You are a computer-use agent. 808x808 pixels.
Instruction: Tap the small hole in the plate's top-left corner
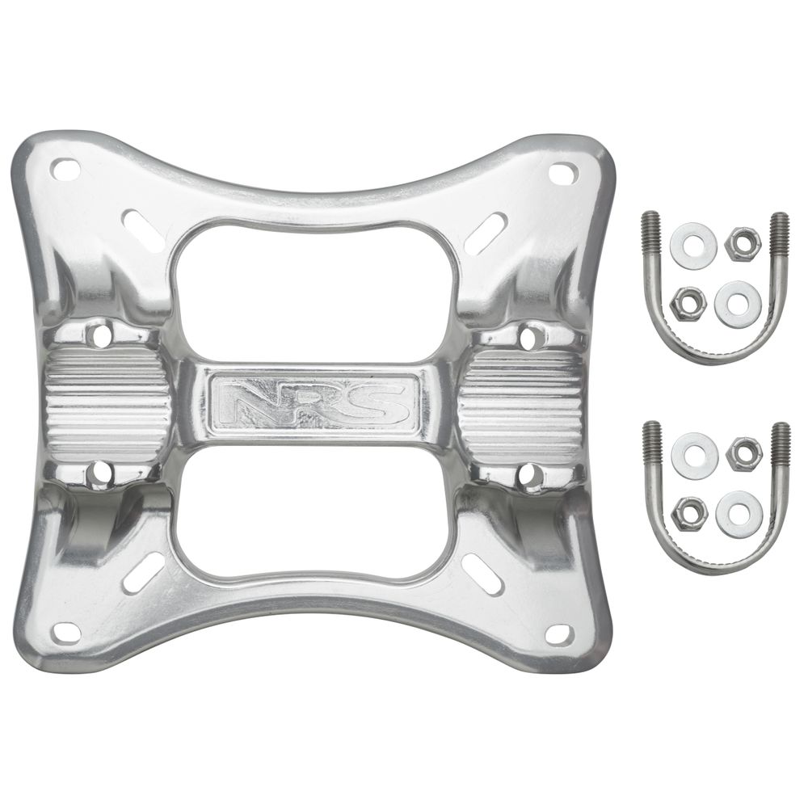click(65, 169)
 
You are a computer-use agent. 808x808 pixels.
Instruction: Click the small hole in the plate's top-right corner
click(563, 172)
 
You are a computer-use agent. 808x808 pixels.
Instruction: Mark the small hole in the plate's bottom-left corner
click(66, 630)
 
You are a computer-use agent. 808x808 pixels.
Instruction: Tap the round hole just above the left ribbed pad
click(101, 332)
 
